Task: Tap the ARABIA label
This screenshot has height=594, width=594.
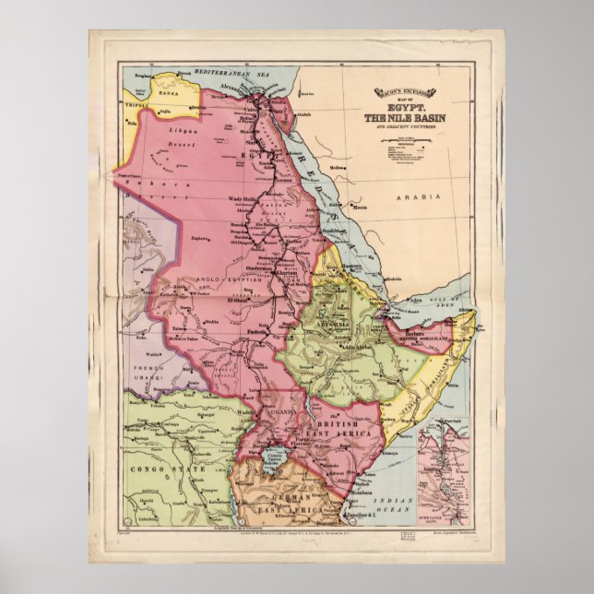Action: click(413, 196)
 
